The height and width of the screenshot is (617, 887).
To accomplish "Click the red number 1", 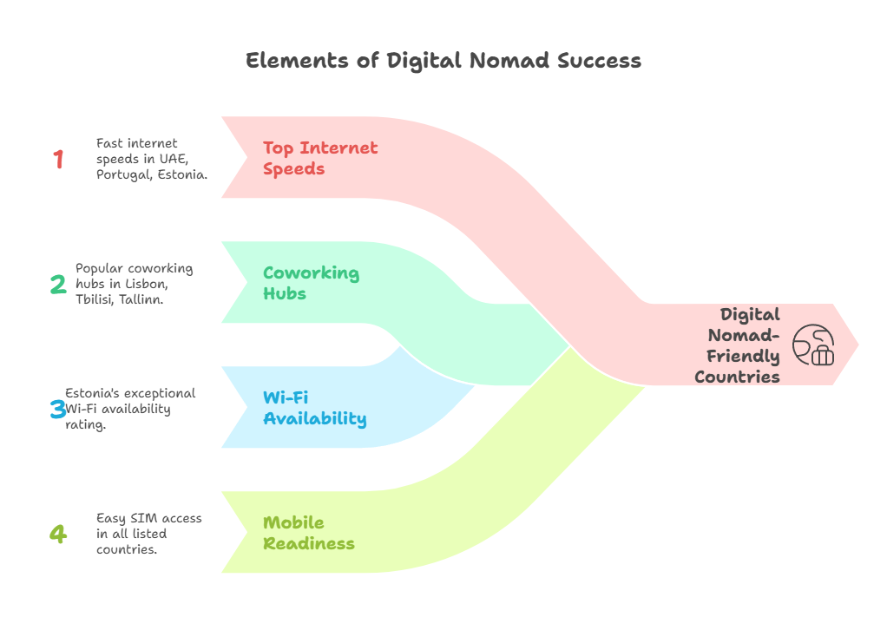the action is pos(58,159).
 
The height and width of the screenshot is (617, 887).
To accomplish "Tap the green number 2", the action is pos(58,284).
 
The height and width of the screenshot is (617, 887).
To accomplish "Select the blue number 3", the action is pos(57,409).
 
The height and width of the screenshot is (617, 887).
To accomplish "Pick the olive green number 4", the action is pos(58,534).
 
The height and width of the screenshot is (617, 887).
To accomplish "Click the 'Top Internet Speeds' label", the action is pos(320,158).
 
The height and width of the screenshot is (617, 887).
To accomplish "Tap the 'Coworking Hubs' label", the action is pos(311,283).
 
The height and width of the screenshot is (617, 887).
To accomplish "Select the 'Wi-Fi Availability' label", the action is pos(314,408).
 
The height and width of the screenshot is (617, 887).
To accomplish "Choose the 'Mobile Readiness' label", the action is pos(309,533).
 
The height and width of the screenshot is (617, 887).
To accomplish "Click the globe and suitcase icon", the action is pos(813,345).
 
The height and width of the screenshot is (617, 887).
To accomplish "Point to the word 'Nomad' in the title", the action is pos(509,61).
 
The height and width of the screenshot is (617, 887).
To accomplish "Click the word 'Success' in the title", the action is pos(599,61).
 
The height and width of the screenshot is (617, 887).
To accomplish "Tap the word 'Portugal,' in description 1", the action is pos(124,174).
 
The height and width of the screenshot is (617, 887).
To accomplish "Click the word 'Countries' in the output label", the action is pos(737,377).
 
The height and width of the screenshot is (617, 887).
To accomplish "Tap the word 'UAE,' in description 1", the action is pos(174,160).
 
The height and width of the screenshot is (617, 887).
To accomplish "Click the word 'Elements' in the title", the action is pos(297,61).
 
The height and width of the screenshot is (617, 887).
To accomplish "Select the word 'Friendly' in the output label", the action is pos(743,357).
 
